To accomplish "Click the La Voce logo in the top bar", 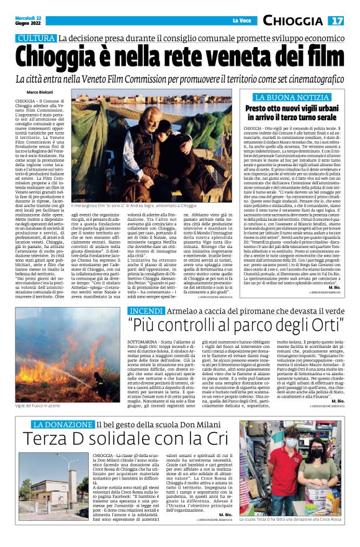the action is coord(240,22).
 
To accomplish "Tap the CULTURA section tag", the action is coord(36,38).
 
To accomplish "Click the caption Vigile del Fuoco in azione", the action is coord(38,405).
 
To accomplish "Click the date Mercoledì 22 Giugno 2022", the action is coord(30,21).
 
